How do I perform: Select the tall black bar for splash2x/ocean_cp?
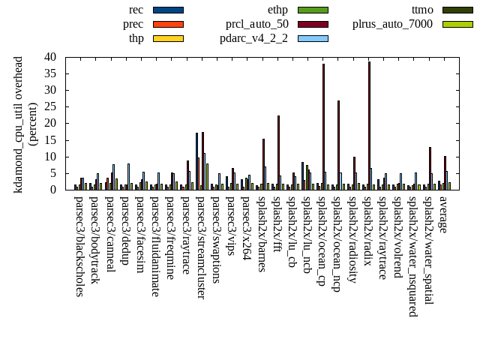click(x=323, y=127)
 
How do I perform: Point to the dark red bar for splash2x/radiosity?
click(x=354, y=173)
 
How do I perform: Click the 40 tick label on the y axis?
click(x=51, y=57)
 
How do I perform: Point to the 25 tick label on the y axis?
click(x=51, y=106)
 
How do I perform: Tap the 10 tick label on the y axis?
click(x=51, y=156)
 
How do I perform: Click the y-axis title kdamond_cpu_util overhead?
click(x=19, y=124)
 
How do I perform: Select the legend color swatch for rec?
click(x=167, y=10)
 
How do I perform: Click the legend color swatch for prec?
click(x=167, y=24)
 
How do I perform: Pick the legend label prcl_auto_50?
click(x=257, y=24)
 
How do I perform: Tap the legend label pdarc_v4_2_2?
click(x=257, y=38)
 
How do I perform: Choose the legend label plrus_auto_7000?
click(x=392, y=24)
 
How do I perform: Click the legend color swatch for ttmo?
click(x=457, y=10)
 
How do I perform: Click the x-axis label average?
click(x=442, y=214)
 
